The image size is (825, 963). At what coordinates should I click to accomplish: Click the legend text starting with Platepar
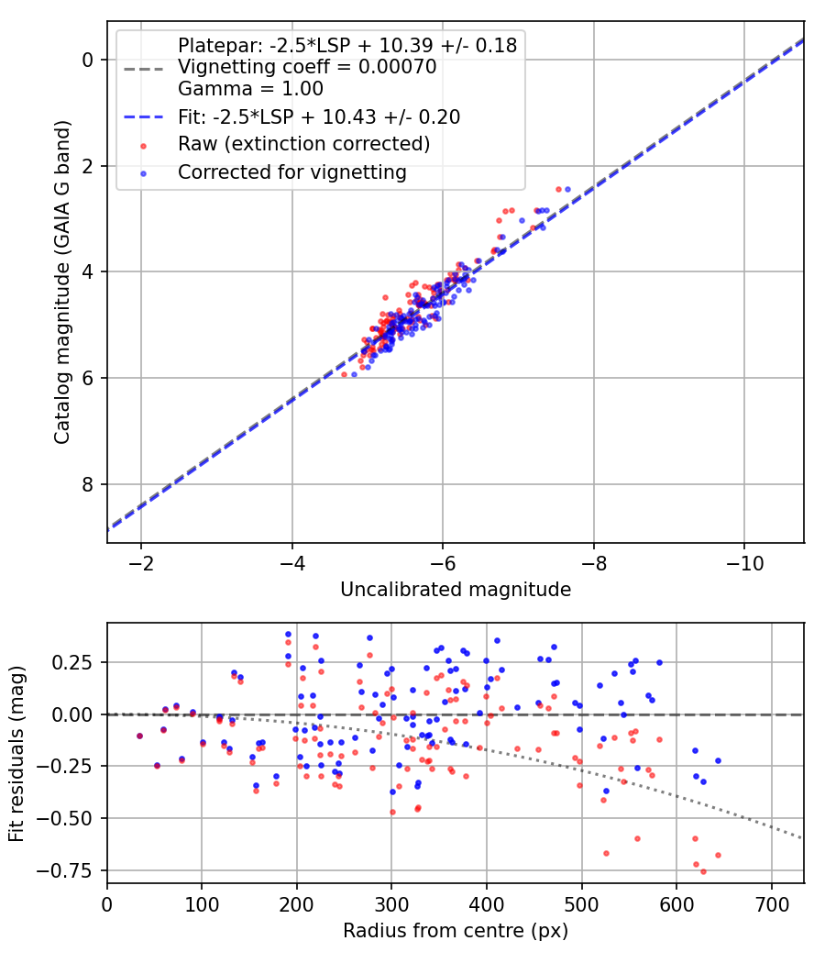click(x=347, y=45)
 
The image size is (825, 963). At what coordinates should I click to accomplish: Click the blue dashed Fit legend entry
click(x=318, y=116)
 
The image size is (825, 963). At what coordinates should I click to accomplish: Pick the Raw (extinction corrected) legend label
click(x=303, y=144)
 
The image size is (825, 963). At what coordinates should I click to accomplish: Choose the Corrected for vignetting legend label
click(x=291, y=172)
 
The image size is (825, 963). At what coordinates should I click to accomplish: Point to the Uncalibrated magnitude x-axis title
click(x=456, y=590)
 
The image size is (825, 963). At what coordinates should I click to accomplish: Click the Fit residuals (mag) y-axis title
click(x=16, y=753)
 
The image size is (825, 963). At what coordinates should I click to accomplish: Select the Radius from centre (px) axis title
click(x=456, y=931)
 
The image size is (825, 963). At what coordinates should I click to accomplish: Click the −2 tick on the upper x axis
click(x=141, y=560)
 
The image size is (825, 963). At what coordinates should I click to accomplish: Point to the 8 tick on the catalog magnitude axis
click(x=88, y=484)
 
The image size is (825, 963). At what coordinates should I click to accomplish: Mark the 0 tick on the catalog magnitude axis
click(x=88, y=60)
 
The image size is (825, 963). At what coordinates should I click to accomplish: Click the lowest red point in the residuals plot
click(x=703, y=871)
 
